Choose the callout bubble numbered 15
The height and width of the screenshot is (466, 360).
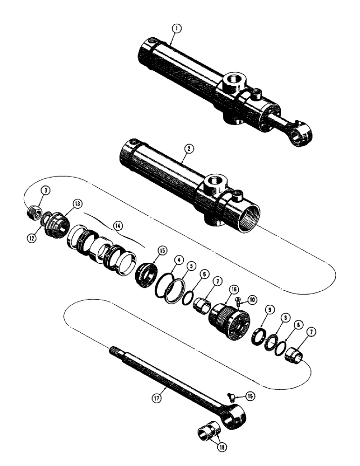(149, 250)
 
